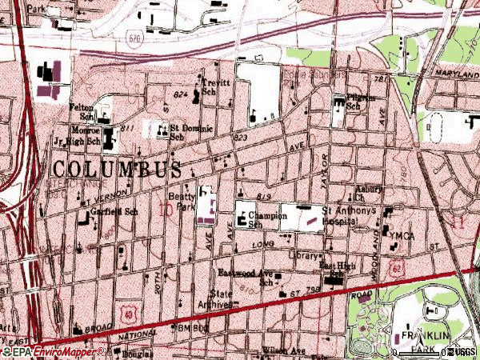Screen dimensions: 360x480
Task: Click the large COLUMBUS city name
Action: [118, 169]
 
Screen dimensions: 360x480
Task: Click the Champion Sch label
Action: [263, 219]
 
